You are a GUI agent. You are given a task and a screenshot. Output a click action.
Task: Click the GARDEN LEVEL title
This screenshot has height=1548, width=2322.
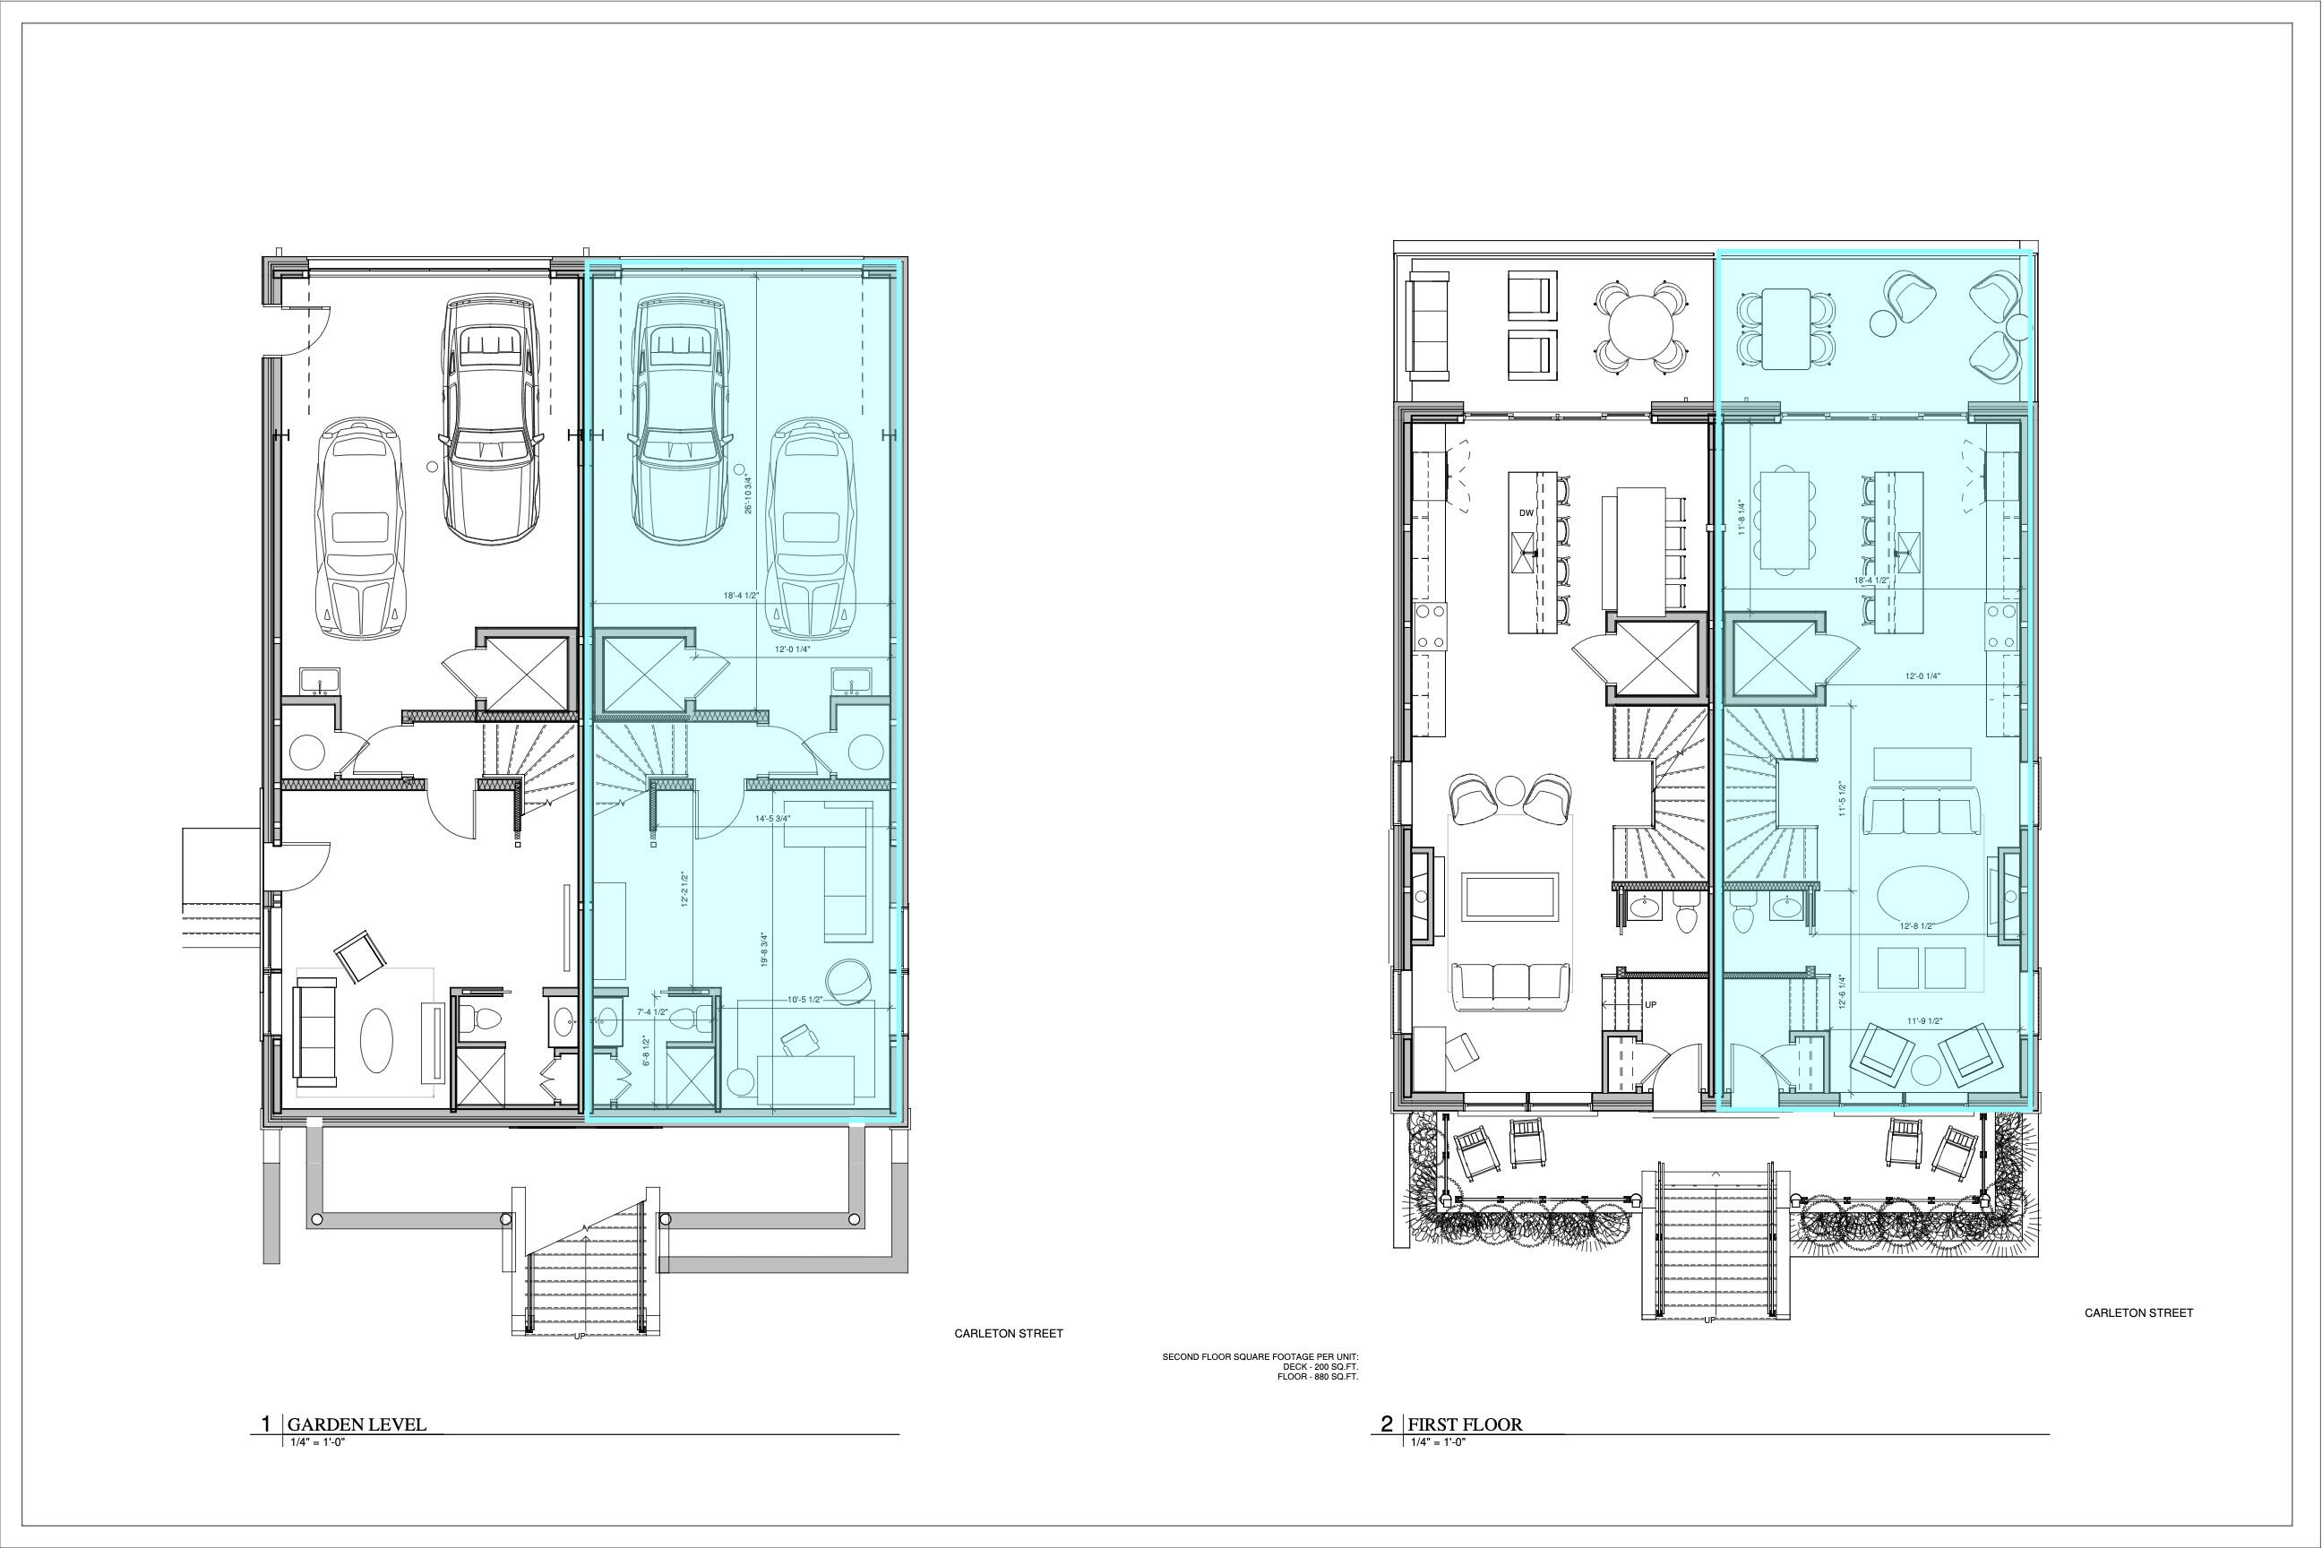tap(357, 1423)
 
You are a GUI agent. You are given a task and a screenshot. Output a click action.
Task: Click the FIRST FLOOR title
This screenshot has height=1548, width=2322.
tap(1464, 1423)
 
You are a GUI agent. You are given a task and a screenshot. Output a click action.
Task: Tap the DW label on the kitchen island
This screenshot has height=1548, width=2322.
tap(1526, 512)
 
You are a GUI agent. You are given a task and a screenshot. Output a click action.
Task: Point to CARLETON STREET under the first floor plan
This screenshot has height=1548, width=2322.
tap(2138, 1313)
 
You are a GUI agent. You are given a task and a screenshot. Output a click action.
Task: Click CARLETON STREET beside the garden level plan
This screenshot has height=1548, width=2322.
tap(1008, 1333)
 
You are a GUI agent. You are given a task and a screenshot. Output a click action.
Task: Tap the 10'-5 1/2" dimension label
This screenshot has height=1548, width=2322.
tap(805, 1000)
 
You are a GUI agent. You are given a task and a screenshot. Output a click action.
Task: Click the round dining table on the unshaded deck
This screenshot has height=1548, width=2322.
tap(1642, 328)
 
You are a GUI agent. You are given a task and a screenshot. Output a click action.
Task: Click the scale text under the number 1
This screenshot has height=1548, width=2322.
tap(314, 1441)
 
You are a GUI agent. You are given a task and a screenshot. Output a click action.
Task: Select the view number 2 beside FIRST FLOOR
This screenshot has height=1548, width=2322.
tap(1386, 1423)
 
